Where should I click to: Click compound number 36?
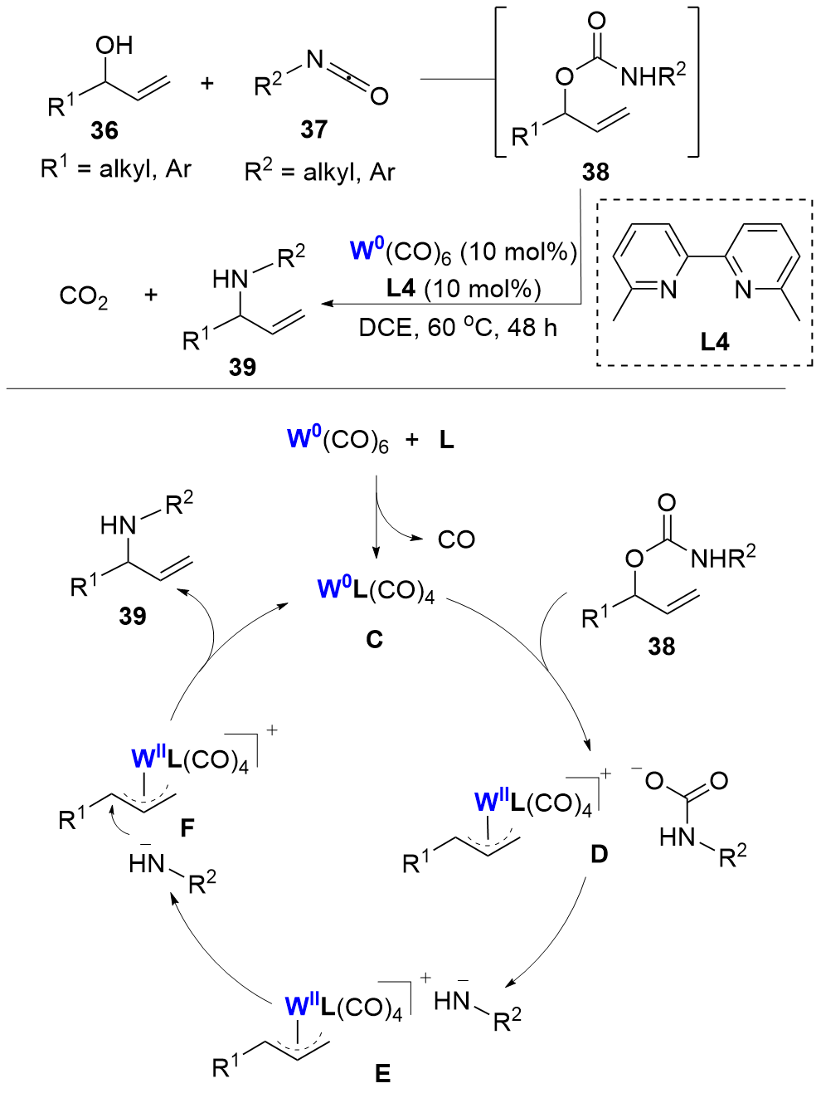pos(104,131)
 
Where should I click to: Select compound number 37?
pos(313,129)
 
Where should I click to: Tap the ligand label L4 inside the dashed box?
pos(714,341)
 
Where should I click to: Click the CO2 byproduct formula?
pos(84,296)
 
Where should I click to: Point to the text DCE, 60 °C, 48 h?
pos(457,328)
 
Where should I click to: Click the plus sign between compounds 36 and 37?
pos(206,83)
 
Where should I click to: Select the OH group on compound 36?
pos(114,46)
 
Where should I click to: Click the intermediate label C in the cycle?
pos(375,639)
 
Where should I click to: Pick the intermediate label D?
pos(599,854)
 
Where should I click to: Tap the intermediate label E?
pos(382,1074)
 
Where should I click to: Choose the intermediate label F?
pos(187,827)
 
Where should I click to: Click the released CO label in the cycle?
pos(456,539)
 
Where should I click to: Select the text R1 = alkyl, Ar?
pos(116,169)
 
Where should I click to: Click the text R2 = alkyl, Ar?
pos(319,172)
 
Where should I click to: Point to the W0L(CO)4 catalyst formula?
pos(376,590)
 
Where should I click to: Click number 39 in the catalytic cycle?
pos(133,616)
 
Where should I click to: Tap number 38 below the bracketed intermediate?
pos(595,172)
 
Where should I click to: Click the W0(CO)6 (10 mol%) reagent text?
pos(463,251)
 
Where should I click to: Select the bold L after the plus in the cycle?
pos(446,440)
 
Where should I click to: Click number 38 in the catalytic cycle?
pos(661,646)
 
